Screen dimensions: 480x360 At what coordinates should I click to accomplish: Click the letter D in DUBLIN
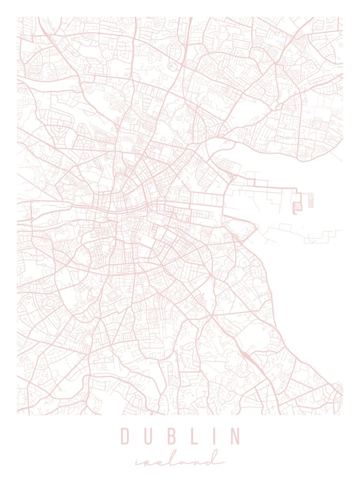pyautogui.click(x=125, y=436)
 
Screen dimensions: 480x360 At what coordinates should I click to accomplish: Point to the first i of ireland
pyautogui.click(x=138, y=463)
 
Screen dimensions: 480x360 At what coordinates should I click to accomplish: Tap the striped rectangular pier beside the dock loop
pyautogui.click(x=311, y=200)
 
